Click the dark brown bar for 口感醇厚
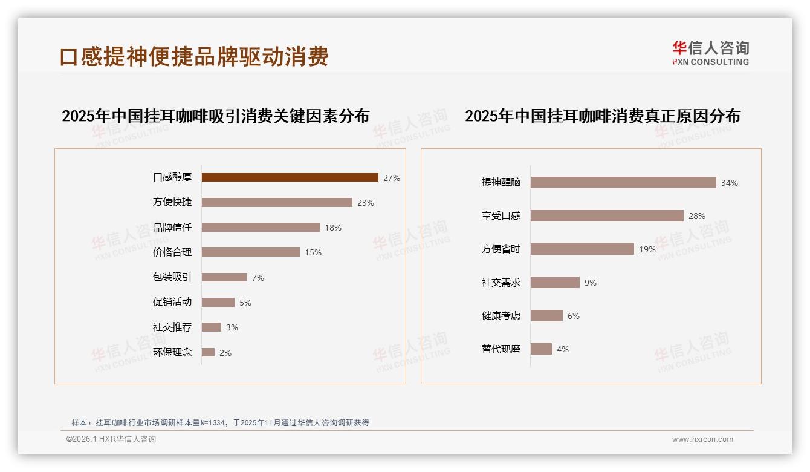pyautogui.click(x=290, y=177)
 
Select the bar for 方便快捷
pyautogui.click(x=277, y=202)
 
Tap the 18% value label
pyautogui.click(x=333, y=228)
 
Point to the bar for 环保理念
pyautogui.click(x=208, y=352)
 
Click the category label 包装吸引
pyautogui.click(x=172, y=277)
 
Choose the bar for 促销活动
pyautogui.click(x=218, y=302)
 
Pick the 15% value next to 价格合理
pyautogui.click(x=313, y=252)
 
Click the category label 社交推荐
pyautogui.click(x=172, y=327)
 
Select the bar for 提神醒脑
pyautogui.click(x=623, y=182)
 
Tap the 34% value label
pyautogui.click(x=730, y=183)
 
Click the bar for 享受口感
pyautogui.click(x=607, y=215)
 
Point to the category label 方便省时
pyautogui.click(x=501, y=249)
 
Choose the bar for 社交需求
pyautogui.click(x=555, y=282)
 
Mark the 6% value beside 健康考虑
pyautogui.click(x=574, y=316)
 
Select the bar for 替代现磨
pyautogui.click(x=541, y=349)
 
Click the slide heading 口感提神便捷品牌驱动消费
pyautogui.click(x=194, y=56)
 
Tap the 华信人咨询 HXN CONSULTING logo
pyautogui.click(x=710, y=53)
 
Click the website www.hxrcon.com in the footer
pyautogui.click(x=702, y=439)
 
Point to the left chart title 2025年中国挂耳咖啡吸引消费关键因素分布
pyautogui.click(x=215, y=116)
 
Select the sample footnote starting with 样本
pyautogui.click(x=221, y=423)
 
